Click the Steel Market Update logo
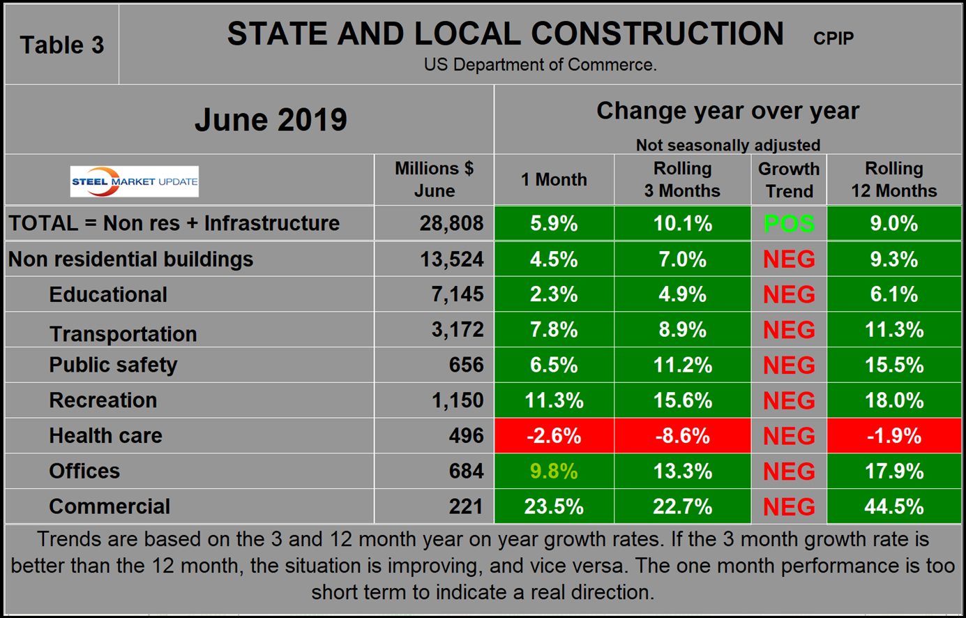(134, 181)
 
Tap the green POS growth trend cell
(789, 224)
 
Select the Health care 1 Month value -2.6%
(554, 436)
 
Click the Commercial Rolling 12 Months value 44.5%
(893, 506)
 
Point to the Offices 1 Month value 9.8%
(554, 472)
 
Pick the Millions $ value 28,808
(451, 224)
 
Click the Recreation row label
(103, 400)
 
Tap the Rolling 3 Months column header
(682, 179)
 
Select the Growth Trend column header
(789, 179)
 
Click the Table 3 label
(62, 45)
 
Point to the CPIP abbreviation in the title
(833, 38)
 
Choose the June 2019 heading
(271, 119)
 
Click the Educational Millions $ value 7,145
(458, 294)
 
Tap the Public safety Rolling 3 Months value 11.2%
(682, 365)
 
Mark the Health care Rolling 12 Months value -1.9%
(893, 436)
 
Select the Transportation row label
(123, 334)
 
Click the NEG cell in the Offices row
(789, 472)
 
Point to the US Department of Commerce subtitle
(540, 65)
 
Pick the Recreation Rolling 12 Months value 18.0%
(893, 400)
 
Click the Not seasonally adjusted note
(727, 145)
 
